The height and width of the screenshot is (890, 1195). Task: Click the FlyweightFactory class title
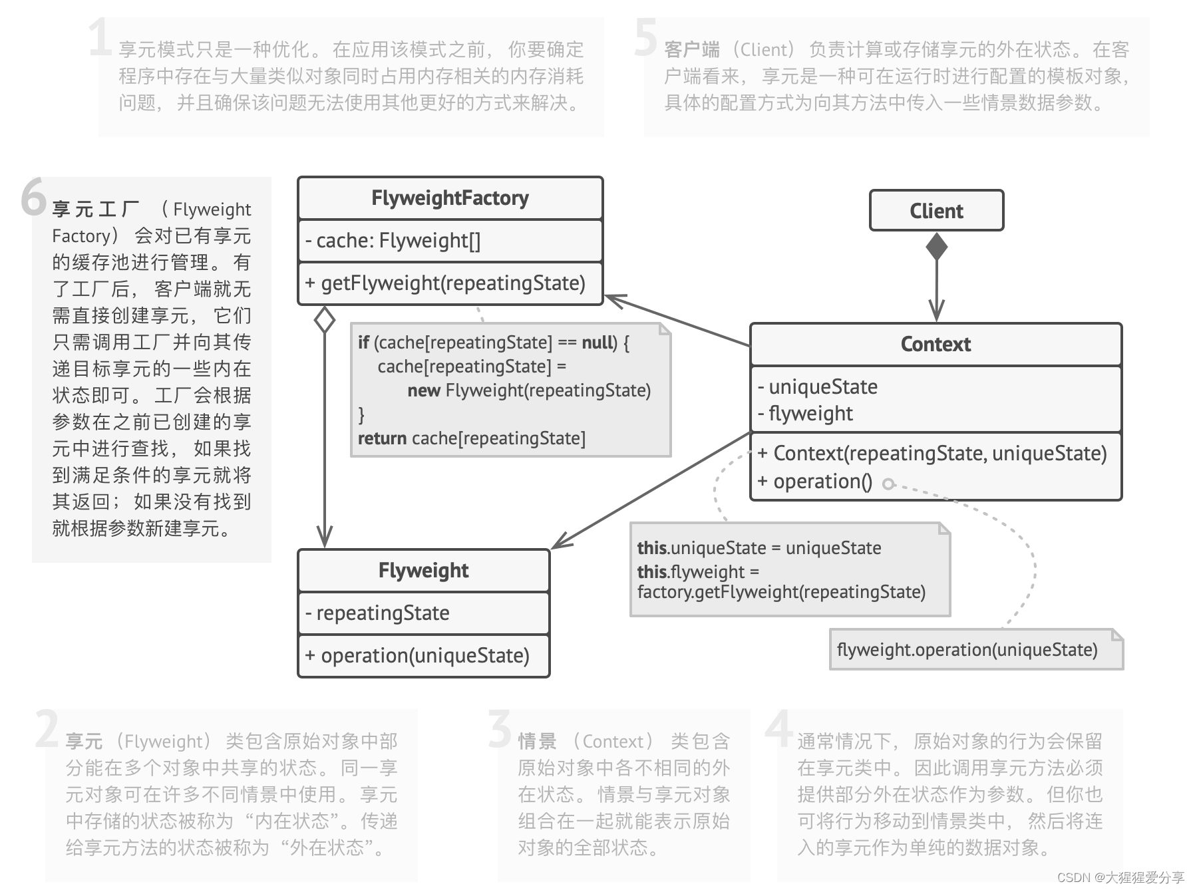click(450, 198)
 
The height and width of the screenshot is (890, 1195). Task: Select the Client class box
click(936, 211)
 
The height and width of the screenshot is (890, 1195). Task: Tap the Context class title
click(936, 345)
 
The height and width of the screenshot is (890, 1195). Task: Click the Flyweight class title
click(423, 571)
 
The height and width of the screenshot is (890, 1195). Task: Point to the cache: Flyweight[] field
click(393, 241)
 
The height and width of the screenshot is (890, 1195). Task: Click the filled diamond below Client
click(937, 246)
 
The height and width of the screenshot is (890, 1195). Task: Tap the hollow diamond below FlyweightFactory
click(324, 320)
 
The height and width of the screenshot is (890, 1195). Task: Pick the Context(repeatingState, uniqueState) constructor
click(932, 454)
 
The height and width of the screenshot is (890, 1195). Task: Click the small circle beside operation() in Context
click(888, 484)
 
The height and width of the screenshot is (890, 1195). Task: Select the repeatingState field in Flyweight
click(377, 613)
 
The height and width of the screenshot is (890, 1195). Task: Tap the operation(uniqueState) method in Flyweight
click(417, 656)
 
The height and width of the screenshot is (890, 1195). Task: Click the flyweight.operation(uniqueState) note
click(967, 650)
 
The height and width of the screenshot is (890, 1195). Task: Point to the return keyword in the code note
click(382, 439)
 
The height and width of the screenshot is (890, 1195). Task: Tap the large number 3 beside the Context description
click(500, 728)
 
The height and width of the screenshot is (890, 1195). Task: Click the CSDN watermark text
click(1120, 877)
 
